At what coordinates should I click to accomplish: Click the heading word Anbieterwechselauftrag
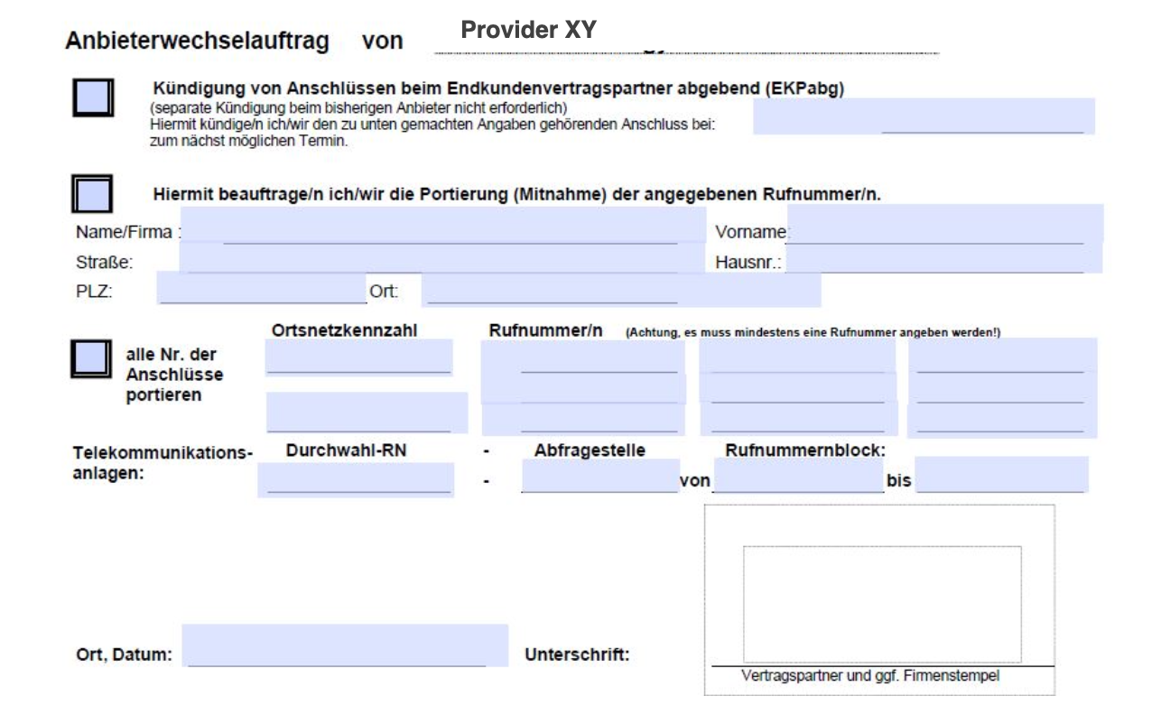pyautogui.click(x=197, y=41)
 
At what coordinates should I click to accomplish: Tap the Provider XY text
pyautogui.click(x=528, y=30)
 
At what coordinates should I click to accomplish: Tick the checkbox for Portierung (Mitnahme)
pyautogui.click(x=92, y=194)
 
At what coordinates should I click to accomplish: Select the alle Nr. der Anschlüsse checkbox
pyautogui.click(x=92, y=359)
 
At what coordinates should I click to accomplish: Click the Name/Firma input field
pyautogui.click(x=442, y=226)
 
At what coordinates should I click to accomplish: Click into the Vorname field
pyautogui.click(x=943, y=224)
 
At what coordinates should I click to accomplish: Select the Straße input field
pyautogui.click(x=429, y=259)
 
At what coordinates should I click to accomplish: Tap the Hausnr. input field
pyautogui.click(x=943, y=258)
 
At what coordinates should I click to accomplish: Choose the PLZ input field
pyautogui.click(x=262, y=289)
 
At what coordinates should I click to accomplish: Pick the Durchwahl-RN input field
pyautogui.click(x=356, y=479)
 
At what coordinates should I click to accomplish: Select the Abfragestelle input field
pyautogui.click(x=600, y=477)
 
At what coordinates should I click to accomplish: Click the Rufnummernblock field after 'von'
pyautogui.click(x=797, y=477)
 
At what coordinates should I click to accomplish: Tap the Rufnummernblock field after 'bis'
pyautogui.click(x=1002, y=475)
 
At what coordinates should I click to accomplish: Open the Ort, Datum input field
pyautogui.click(x=345, y=645)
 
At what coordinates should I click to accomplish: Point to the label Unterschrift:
pyautogui.click(x=577, y=654)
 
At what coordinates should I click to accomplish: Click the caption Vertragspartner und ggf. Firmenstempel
pyautogui.click(x=870, y=675)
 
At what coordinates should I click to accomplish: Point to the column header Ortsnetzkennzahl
pyautogui.click(x=344, y=330)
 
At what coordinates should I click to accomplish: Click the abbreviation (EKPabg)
pyautogui.click(x=804, y=89)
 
